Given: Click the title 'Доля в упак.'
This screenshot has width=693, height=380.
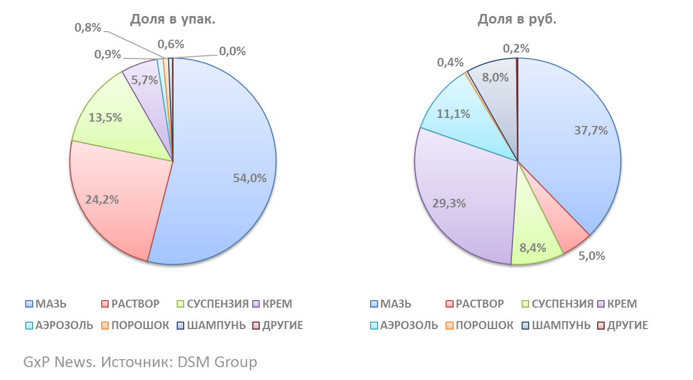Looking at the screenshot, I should point(172,20).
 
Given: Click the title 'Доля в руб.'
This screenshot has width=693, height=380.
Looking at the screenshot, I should point(517,20).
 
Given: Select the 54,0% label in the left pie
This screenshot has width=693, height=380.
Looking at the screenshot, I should point(250,178).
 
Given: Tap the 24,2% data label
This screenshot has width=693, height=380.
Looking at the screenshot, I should point(102,199).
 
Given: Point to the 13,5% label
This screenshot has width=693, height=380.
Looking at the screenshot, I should point(106,117).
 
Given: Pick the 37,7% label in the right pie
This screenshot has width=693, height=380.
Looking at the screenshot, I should point(590,130).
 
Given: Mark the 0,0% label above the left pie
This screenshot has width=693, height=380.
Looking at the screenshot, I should point(232,51).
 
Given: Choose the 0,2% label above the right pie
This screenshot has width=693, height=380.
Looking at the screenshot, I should point(516,48).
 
